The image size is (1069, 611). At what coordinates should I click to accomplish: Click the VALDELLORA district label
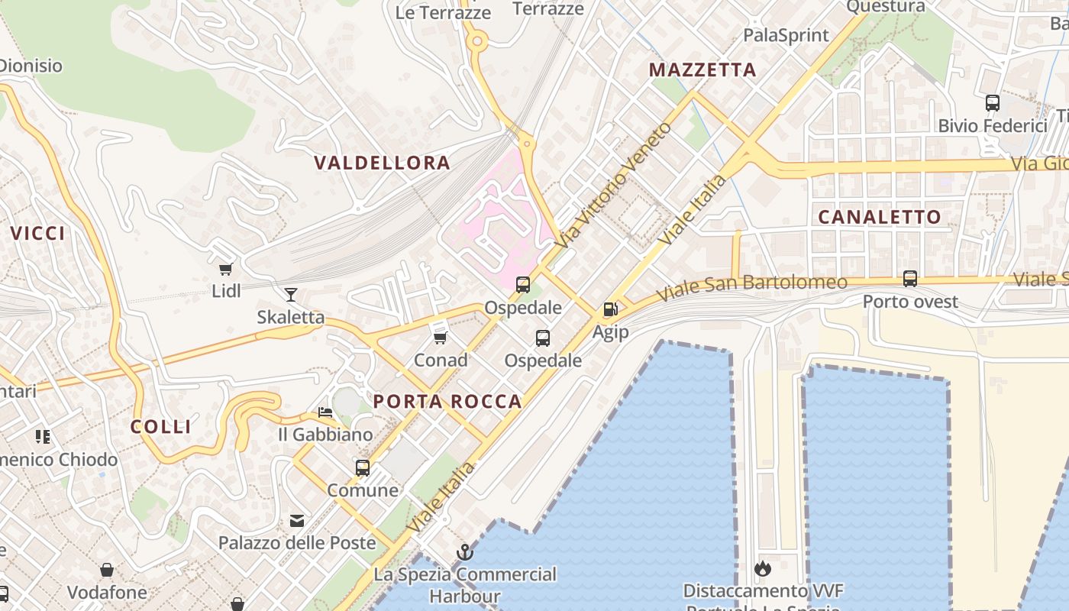click(382, 163)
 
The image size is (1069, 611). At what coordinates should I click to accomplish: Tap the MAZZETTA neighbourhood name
click(702, 70)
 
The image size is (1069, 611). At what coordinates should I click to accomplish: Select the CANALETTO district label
click(880, 217)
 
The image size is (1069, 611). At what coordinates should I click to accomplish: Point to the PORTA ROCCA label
click(447, 402)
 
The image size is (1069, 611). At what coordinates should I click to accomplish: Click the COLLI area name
click(160, 427)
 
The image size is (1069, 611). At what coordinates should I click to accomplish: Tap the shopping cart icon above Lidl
click(225, 269)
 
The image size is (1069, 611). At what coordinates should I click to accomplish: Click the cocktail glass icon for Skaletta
click(290, 295)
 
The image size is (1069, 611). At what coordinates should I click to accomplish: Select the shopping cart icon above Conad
click(440, 337)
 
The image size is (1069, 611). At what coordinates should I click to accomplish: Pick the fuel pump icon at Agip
click(610, 309)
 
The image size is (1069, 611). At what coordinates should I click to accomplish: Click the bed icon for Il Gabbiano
click(325, 413)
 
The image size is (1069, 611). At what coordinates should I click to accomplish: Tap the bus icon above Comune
click(363, 467)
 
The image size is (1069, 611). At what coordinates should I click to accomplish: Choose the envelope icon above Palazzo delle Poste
click(297, 522)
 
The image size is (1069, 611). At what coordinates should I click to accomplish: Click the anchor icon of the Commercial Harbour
click(464, 551)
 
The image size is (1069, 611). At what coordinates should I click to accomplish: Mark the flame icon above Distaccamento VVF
click(762, 569)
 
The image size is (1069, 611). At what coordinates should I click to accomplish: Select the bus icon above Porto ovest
click(909, 279)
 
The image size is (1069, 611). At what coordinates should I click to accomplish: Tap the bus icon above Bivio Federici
click(992, 103)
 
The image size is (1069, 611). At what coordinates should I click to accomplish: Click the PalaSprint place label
click(786, 35)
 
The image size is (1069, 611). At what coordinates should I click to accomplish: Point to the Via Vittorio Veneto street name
click(615, 185)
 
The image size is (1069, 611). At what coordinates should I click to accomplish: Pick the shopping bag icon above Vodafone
click(107, 571)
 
